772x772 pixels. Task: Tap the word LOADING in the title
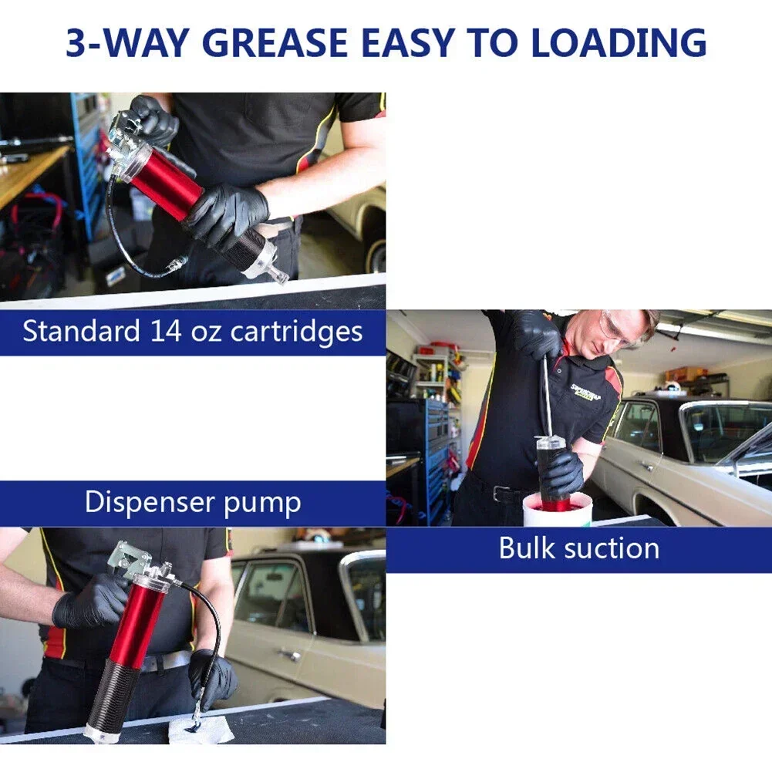(x=619, y=42)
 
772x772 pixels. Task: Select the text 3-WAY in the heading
(x=127, y=42)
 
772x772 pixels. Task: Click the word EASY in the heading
(x=408, y=42)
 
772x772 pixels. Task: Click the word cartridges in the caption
(x=296, y=332)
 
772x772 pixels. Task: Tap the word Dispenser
(x=150, y=502)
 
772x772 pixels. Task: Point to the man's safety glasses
(x=619, y=328)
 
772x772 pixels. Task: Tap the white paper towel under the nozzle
(x=201, y=730)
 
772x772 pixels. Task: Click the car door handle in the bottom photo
(x=289, y=654)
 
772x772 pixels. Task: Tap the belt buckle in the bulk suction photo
(x=501, y=494)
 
